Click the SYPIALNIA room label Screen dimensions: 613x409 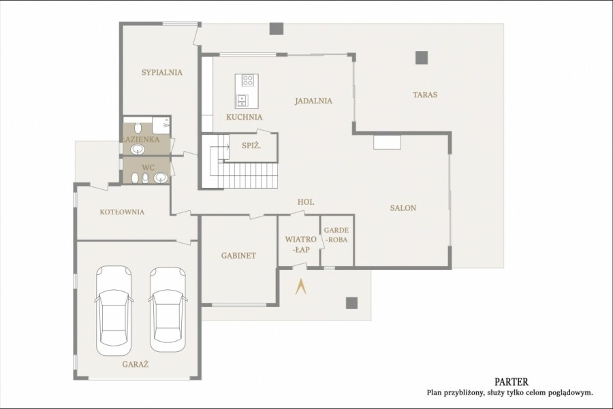click(162, 72)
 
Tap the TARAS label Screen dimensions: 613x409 click(425, 95)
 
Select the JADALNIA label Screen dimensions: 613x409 click(313, 101)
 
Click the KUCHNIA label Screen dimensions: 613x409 click(245, 117)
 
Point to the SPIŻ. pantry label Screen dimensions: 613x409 click(251, 146)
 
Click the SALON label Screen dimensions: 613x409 click(403, 208)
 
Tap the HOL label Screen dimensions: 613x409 click(306, 202)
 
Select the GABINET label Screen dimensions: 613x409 click(238, 255)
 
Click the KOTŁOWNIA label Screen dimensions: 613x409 click(122, 212)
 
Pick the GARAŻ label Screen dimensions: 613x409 click(136, 365)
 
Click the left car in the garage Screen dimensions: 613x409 click(113, 311)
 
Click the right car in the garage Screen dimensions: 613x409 click(168, 310)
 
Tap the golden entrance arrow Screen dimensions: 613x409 click(300, 287)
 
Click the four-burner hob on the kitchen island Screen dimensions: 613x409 click(248, 80)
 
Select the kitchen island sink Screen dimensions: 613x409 click(242, 101)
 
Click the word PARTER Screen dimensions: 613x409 click(512, 382)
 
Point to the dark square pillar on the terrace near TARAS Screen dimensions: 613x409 click(422, 57)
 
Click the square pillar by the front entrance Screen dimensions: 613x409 click(351, 303)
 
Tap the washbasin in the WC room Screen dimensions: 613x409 click(160, 178)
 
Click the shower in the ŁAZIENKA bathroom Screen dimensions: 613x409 click(161, 125)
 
